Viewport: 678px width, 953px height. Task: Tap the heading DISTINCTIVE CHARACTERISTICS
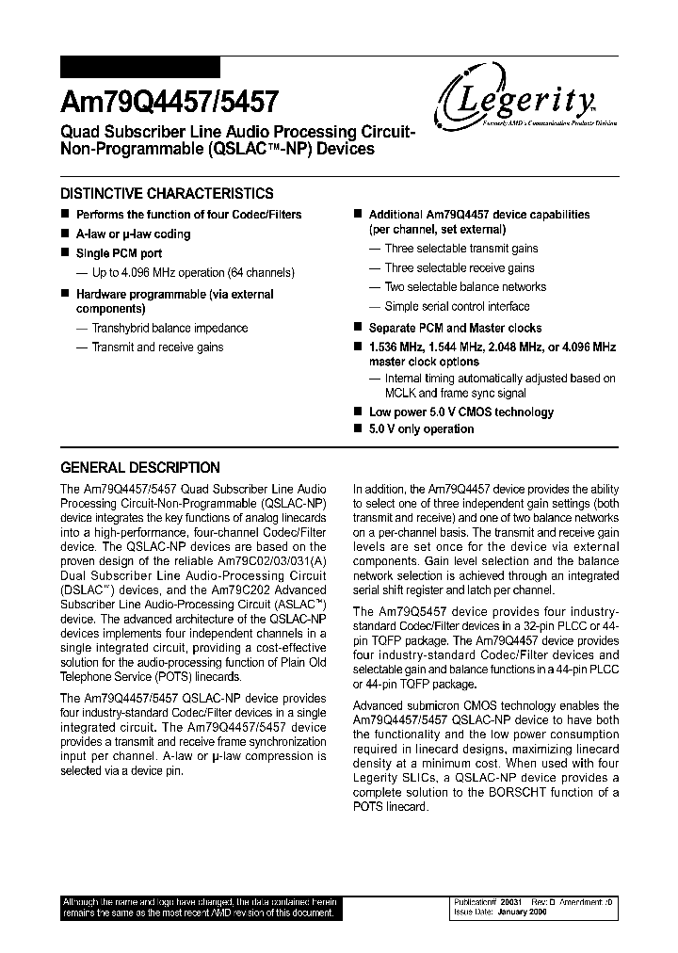[x=167, y=194]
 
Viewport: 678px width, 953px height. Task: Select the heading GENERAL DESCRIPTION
[x=140, y=467]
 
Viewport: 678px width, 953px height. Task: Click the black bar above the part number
[x=140, y=67]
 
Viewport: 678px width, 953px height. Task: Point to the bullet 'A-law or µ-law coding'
[x=133, y=234]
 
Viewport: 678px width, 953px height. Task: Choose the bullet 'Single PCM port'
[x=119, y=253]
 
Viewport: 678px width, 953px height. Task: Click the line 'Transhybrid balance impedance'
[x=169, y=328]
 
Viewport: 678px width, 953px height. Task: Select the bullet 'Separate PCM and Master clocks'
[x=455, y=328]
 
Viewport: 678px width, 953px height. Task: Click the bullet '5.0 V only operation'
[x=421, y=428]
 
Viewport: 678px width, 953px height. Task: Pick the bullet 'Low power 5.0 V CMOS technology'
[x=460, y=412]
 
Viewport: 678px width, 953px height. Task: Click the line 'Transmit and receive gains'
[x=157, y=347]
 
